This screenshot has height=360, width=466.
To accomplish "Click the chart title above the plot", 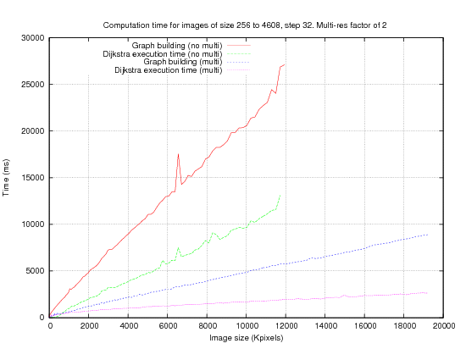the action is [x=245, y=25].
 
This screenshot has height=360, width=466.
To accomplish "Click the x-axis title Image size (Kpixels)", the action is [x=246, y=338].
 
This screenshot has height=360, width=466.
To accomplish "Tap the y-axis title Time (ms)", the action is [x=6, y=178].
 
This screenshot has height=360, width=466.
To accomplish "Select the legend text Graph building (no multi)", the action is [x=177, y=46].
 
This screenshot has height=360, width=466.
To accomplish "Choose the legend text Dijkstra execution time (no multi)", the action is [x=163, y=54].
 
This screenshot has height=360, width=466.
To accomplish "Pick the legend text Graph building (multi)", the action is [x=183, y=62].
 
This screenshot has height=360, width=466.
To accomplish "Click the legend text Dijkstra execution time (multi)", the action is [x=169, y=70].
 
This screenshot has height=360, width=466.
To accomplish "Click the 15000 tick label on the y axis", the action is [x=33, y=178].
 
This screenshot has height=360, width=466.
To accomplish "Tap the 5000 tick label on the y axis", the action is [x=35, y=271].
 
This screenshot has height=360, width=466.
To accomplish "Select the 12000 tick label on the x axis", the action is [x=286, y=326].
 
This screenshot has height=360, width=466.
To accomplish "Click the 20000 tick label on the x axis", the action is [x=443, y=326].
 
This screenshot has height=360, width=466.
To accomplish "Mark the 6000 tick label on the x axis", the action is [x=167, y=326].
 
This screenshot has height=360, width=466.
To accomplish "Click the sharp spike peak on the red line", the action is [x=178, y=154].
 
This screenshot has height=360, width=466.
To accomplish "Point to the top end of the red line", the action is [x=285, y=64].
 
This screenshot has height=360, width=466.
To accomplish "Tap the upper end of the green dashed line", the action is [x=280, y=195].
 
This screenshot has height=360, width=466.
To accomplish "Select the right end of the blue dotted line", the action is [x=427, y=235].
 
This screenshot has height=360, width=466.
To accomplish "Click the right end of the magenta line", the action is [x=427, y=293].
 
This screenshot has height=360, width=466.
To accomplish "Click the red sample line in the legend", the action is [x=239, y=46].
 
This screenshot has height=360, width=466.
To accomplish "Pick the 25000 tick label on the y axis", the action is [x=33, y=85].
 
